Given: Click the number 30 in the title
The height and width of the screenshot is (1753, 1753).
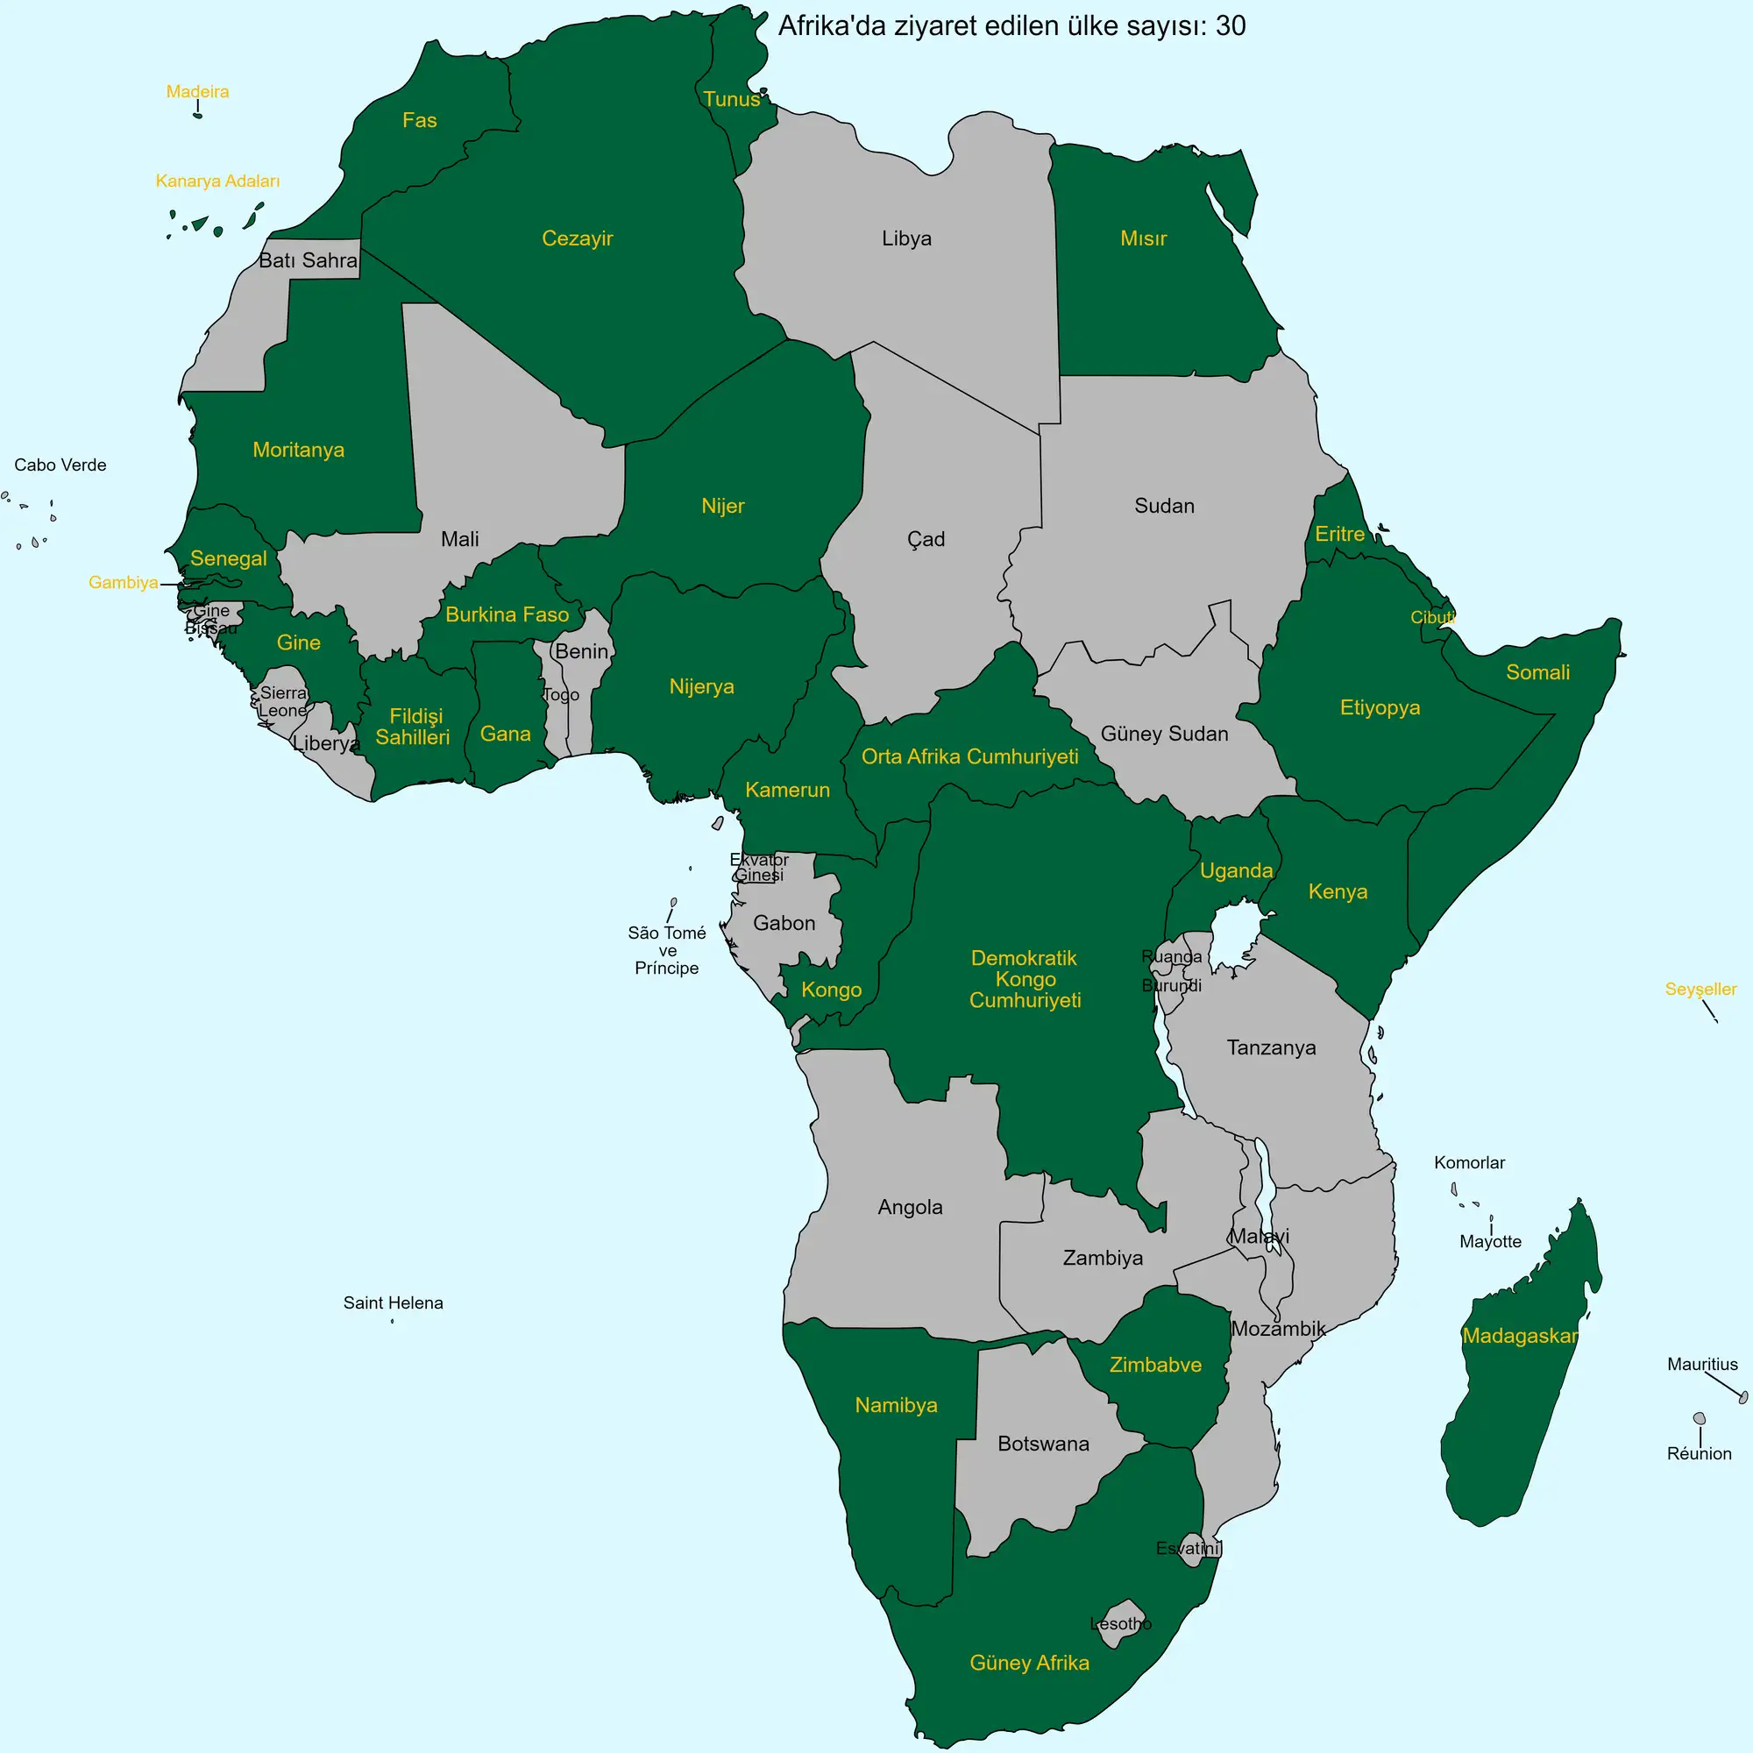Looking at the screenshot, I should tap(1231, 26).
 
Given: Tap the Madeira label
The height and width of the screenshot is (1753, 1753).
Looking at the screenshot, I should tap(197, 92).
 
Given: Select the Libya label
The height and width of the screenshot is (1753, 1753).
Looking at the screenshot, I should tap(906, 238).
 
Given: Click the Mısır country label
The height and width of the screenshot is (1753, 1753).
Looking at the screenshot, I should tap(1143, 238).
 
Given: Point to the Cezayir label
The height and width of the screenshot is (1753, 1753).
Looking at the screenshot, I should tap(577, 238).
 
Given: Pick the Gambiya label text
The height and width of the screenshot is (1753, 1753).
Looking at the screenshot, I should tap(124, 583).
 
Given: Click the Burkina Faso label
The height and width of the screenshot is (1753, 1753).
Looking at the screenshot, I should tap(507, 614).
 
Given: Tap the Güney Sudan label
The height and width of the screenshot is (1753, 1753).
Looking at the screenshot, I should tap(1164, 734).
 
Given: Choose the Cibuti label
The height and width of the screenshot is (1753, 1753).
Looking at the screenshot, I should tap(1432, 617).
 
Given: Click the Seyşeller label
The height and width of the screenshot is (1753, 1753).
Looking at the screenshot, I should tap(1700, 989).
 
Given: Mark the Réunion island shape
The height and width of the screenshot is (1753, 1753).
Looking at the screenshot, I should tap(1700, 1418).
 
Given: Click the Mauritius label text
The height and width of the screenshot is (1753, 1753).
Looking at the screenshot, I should tap(1702, 1364).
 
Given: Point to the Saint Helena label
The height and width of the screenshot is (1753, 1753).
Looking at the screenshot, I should tap(393, 1303).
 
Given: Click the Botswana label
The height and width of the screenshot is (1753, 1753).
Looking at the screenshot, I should tap(1043, 1444).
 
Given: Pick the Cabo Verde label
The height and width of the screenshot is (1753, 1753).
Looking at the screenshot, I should tap(60, 465).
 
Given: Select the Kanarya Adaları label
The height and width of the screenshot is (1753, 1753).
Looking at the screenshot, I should tap(217, 181).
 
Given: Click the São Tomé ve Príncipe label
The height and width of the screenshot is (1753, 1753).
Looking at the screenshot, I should tap(667, 950).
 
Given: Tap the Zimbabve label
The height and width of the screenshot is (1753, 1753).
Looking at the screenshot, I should tap(1155, 1365).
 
